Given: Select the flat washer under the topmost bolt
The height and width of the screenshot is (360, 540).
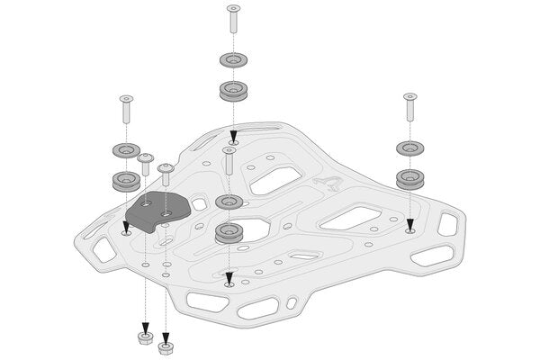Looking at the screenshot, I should coord(234,61).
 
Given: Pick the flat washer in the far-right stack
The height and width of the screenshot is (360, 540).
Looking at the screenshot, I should coord(410,147).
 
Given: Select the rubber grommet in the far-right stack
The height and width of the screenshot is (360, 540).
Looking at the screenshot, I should coord(410,175).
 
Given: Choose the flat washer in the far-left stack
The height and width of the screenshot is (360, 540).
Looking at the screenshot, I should coord(124,150).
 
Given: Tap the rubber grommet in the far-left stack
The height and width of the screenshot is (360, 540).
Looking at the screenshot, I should coord(124,180).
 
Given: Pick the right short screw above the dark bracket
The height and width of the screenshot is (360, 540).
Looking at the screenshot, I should coord(166,176).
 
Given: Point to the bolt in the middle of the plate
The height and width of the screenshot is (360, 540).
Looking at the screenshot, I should coord(229,162).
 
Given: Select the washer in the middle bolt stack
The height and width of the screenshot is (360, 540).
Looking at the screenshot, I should coord(229,201).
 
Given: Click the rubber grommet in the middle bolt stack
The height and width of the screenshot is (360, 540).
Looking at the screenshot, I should coord(229,232).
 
